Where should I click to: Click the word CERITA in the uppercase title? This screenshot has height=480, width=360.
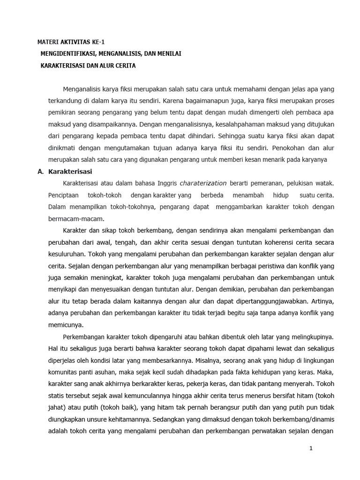point(125,66)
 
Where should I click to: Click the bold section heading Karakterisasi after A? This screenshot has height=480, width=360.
point(71,172)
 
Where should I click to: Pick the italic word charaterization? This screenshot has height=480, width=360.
point(203,183)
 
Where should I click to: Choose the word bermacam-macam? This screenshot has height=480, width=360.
point(71,218)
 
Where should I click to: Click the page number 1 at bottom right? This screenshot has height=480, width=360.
point(311,449)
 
